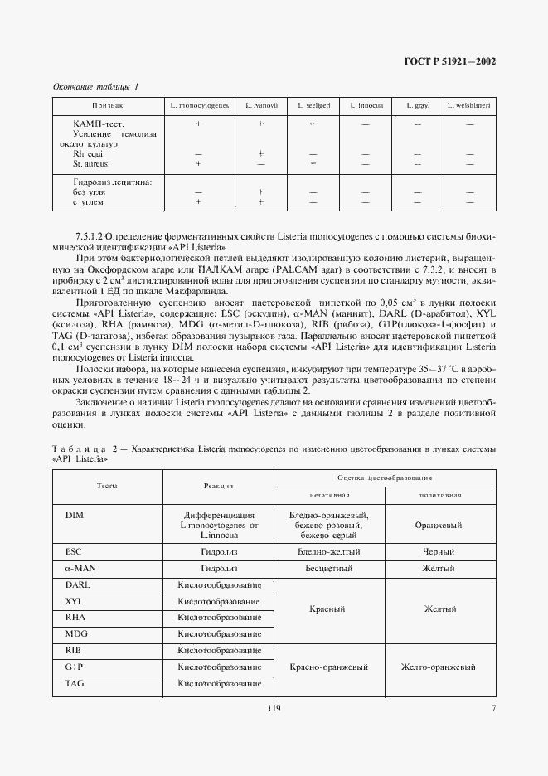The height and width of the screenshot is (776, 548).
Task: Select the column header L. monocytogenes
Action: (x=199, y=106)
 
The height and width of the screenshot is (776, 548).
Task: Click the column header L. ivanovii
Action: (x=261, y=106)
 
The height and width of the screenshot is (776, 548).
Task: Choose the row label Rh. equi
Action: (x=85, y=154)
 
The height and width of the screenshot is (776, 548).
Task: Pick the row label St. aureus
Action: (x=90, y=164)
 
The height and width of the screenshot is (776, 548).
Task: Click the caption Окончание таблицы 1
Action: (x=96, y=86)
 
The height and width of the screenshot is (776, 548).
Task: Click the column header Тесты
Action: (x=107, y=486)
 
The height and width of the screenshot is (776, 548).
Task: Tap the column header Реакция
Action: (x=220, y=486)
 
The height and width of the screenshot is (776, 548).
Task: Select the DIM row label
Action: (x=75, y=515)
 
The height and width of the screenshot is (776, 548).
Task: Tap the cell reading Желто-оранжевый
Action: (x=438, y=667)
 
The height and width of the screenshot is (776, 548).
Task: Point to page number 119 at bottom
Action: (x=274, y=708)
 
